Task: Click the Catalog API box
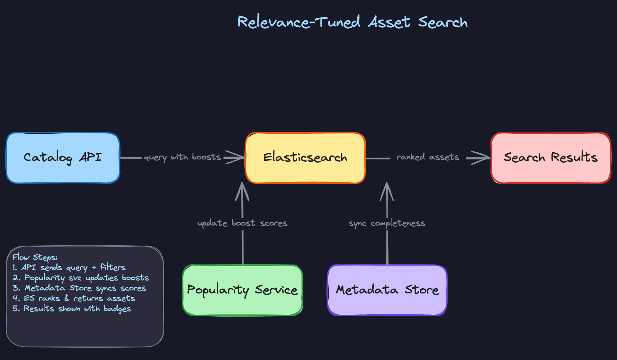[x=63, y=158]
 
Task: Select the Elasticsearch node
[x=305, y=158]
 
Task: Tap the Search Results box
[x=550, y=158]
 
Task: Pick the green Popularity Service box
[x=242, y=290]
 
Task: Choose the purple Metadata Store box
[x=387, y=290]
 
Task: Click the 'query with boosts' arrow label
[x=182, y=157]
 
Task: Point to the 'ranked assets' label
[x=428, y=157]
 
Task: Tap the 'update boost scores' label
[x=242, y=223]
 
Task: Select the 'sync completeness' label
[x=387, y=223]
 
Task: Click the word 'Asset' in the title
[x=389, y=22]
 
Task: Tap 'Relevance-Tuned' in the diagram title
[x=299, y=22]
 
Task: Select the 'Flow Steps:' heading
[x=35, y=257]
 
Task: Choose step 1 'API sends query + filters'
[x=69, y=267]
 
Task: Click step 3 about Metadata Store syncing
[x=79, y=288]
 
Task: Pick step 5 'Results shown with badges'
[x=72, y=309]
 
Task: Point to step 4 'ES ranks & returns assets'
[x=74, y=299]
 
